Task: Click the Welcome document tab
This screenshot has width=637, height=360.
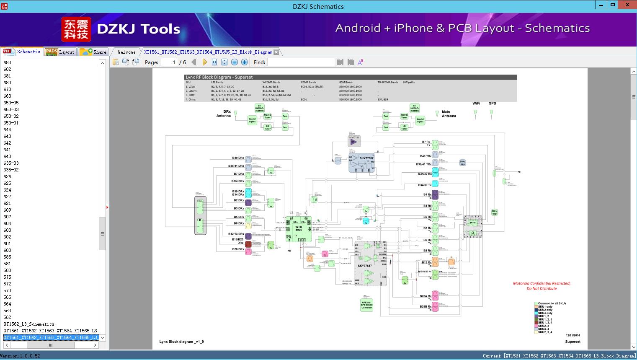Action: pos(126,52)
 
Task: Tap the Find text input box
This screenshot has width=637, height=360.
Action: pos(301,62)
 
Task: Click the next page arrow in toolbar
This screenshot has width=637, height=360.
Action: pos(205,62)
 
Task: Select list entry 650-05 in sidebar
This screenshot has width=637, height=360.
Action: pos(11,103)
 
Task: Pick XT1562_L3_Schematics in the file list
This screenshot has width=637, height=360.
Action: pos(29,324)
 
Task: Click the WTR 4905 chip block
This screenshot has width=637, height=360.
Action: pos(299,229)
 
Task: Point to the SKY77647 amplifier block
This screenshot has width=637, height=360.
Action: pos(365,265)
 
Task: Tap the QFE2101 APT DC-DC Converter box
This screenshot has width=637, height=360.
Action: pos(366,305)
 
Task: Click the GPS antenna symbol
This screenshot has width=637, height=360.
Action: pos(491,113)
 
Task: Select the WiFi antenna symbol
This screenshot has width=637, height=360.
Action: pos(475,113)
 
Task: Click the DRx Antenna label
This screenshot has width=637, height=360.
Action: pos(224,114)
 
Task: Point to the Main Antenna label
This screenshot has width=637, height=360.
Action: pos(449,114)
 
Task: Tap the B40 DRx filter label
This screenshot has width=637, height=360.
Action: pos(238,158)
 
